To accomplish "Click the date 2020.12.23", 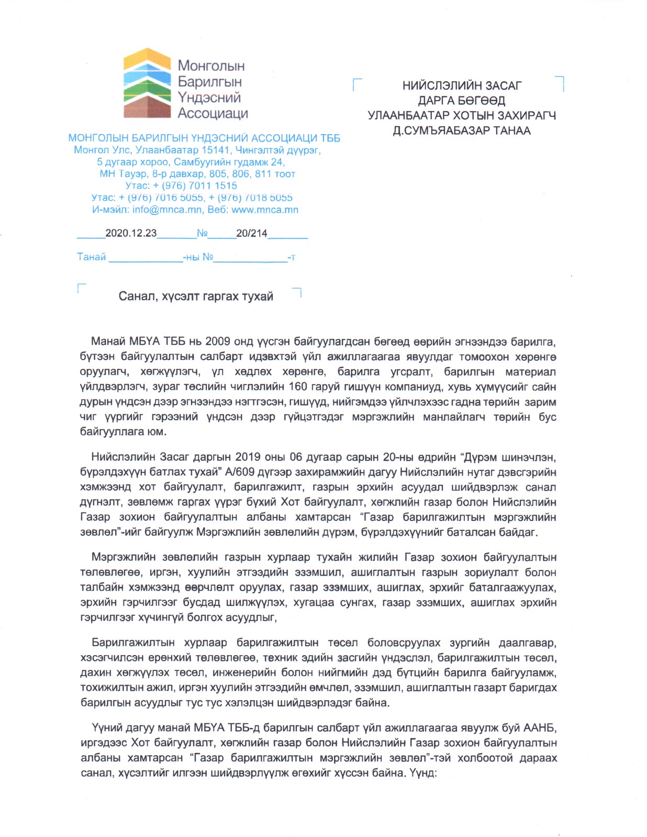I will pyautogui.click(x=131, y=233).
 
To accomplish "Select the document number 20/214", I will pyautogui.click(x=251, y=233).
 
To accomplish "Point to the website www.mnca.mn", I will pyautogui.click(x=265, y=210).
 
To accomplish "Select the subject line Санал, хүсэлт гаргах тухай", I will pyautogui.click(x=196, y=297).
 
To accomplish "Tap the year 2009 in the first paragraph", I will pyautogui.click(x=218, y=342).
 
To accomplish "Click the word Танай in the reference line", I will pyautogui.click(x=92, y=257).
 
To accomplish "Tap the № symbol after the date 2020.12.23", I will pyautogui.click(x=202, y=233).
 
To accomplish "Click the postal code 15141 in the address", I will pyautogui.click(x=216, y=150).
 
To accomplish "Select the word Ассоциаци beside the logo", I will pyautogui.click(x=213, y=113).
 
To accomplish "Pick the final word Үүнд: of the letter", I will pyautogui.click(x=423, y=773).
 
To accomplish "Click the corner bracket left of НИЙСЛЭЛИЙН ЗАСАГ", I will pyautogui.click(x=358, y=84).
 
